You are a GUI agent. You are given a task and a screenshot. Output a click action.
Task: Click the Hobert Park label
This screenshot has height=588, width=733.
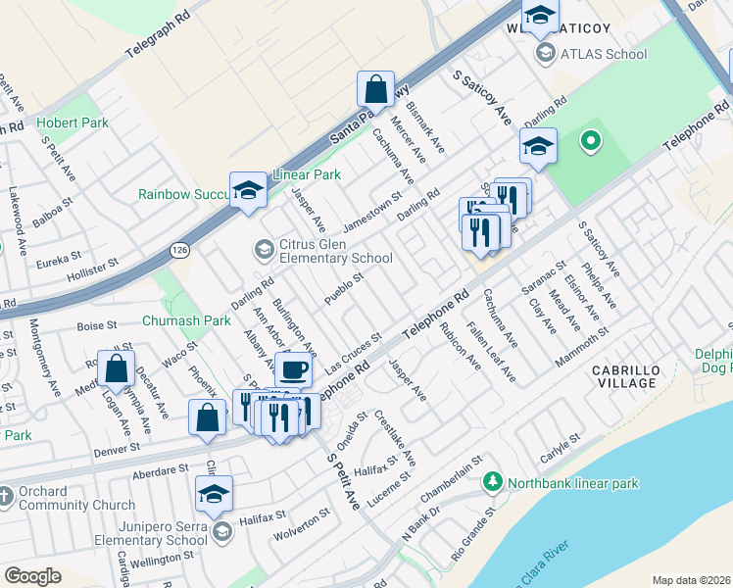tap(73, 123)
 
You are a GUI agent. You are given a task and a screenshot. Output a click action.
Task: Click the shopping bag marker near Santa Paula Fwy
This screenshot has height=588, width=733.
tap(375, 90)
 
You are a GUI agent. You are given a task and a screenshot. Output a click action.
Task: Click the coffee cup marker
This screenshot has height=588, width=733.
tap(293, 370)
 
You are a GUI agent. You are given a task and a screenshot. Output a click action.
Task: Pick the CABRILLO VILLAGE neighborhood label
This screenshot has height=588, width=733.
tap(626, 375)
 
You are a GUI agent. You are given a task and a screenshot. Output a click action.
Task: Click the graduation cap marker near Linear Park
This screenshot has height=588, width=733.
tap(248, 191)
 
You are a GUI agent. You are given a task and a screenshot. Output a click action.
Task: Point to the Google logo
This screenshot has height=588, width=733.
tap(32, 576)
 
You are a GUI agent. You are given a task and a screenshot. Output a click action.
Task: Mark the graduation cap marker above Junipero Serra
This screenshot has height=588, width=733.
tap(214, 495)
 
